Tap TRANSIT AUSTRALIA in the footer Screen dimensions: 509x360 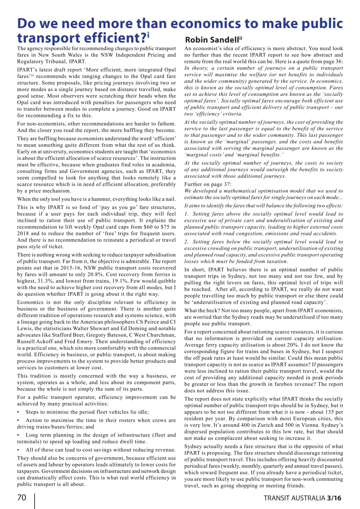294,498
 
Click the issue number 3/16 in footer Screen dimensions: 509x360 334,498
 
